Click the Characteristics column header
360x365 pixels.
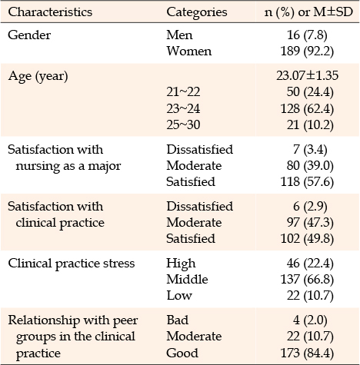point(50,12)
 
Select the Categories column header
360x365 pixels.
point(197,12)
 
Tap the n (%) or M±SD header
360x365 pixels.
point(308,12)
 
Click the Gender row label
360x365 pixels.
point(29,35)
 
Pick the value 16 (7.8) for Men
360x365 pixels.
point(307,35)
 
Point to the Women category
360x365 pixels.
point(189,51)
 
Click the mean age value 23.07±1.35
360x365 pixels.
point(308,75)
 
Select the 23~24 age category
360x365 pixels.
point(183,108)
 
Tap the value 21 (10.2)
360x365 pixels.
point(310,124)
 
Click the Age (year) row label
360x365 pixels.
point(38,77)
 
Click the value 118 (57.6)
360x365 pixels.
point(307,182)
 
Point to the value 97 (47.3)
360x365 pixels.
point(310,222)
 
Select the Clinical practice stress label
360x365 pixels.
point(72,264)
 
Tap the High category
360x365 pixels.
point(181,264)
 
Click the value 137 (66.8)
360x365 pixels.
point(307,279)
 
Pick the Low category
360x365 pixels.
point(179,295)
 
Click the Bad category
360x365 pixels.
point(177,320)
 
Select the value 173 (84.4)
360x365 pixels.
point(307,353)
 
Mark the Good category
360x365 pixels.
point(182,353)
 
